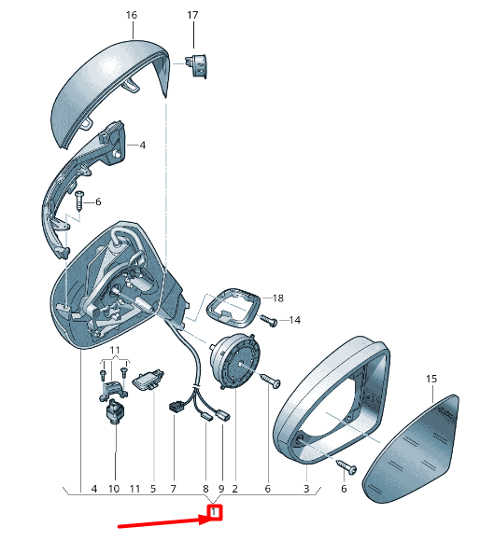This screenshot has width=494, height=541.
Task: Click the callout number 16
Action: [x=132, y=15]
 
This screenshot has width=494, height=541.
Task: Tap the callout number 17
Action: [x=192, y=15]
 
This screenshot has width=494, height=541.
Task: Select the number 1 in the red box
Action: [x=214, y=512]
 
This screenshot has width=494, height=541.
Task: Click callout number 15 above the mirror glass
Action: [x=431, y=379]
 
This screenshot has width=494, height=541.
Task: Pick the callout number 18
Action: [x=277, y=298]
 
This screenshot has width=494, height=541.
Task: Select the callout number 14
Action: [x=295, y=320]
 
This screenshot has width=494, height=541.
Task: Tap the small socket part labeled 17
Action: [x=197, y=66]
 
